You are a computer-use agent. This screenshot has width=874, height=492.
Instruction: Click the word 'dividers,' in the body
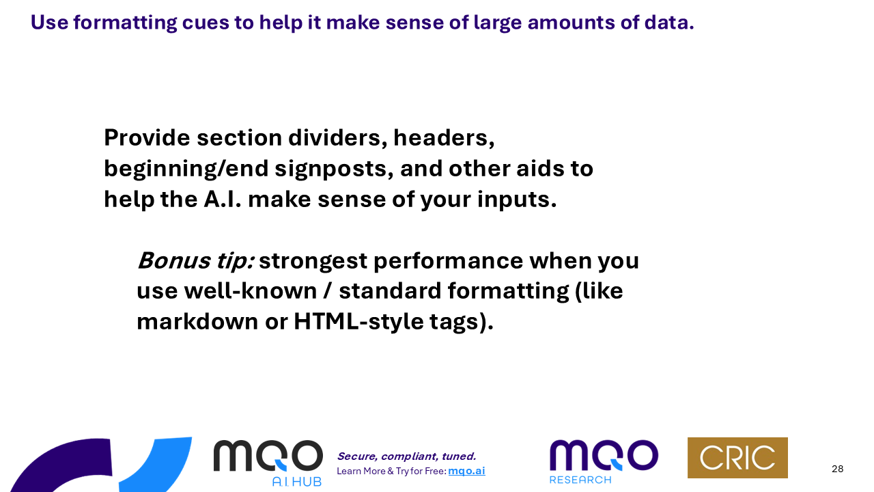pyautogui.click(x=338, y=138)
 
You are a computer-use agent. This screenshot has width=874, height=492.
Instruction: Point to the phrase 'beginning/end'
pyautogui.click(x=186, y=169)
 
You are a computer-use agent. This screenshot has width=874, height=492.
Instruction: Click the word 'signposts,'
pyautogui.click(x=334, y=169)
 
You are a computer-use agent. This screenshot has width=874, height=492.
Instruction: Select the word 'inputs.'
pyautogui.click(x=517, y=200)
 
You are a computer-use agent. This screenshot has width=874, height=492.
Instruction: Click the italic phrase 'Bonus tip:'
pyautogui.click(x=196, y=260)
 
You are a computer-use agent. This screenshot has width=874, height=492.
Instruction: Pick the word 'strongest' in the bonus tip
pyautogui.click(x=313, y=261)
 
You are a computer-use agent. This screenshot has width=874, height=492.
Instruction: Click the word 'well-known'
pyautogui.click(x=251, y=291)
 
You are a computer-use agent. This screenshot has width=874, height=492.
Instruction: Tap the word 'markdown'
pyautogui.click(x=197, y=322)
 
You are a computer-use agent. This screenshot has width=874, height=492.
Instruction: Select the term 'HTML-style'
pyautogui.click(x=358, y=322)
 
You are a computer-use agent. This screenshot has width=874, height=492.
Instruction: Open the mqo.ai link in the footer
pyautogui.click(x=466, y=471)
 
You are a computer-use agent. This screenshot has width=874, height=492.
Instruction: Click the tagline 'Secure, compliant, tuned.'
pyautogui.click(x=406, y=456)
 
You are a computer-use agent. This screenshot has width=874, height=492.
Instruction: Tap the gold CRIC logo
pyautogui.click(x=737, y=458)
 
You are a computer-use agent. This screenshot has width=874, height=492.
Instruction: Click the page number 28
pyautogui.click(x=837, y=469)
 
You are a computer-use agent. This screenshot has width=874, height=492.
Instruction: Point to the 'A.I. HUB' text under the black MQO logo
pyautogui.click(x=297, y=482)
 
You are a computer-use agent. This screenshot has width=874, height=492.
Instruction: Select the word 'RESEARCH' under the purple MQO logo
pyautogui.click(x=580, y=480)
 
